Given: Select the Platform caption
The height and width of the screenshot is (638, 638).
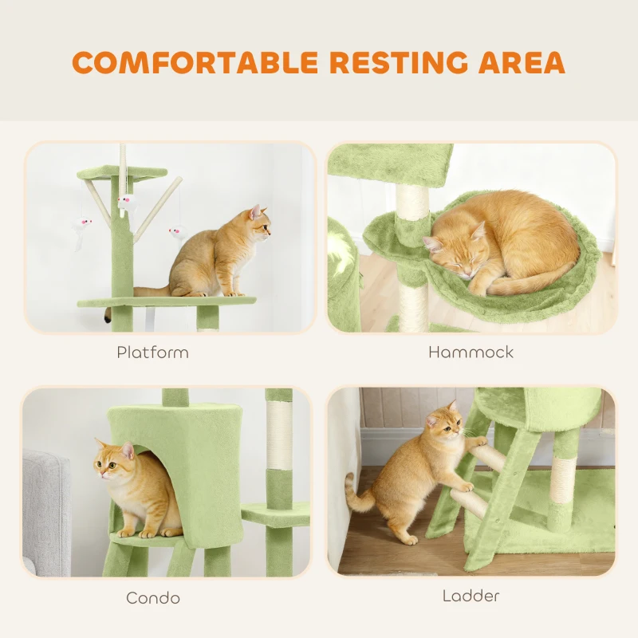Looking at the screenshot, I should (152, 352).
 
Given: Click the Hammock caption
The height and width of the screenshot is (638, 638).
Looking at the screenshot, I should (471, 352).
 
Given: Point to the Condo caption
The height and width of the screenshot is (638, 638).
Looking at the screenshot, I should (152, 597).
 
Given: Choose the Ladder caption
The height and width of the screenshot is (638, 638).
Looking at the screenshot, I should (471, 595).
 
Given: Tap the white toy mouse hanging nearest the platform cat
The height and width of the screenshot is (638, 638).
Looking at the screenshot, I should (175, 233).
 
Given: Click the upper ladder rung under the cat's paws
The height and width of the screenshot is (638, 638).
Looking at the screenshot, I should (488, 454).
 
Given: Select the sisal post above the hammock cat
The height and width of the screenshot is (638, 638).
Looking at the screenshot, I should (412, 203).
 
